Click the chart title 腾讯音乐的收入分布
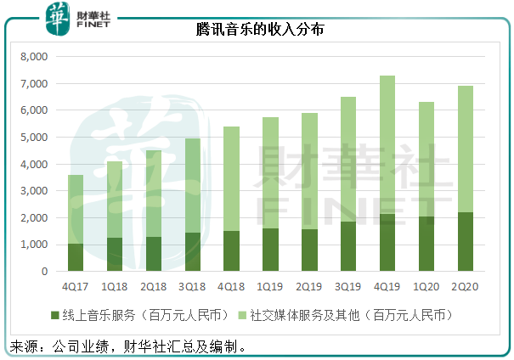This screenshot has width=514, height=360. [256, 29]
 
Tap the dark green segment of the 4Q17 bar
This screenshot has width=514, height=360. [76, 257]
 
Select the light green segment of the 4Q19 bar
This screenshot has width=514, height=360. [387, 144]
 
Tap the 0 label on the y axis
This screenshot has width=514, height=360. [45, 272]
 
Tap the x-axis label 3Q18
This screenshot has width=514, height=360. [193, 288]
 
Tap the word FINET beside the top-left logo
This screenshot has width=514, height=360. [91, 25]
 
